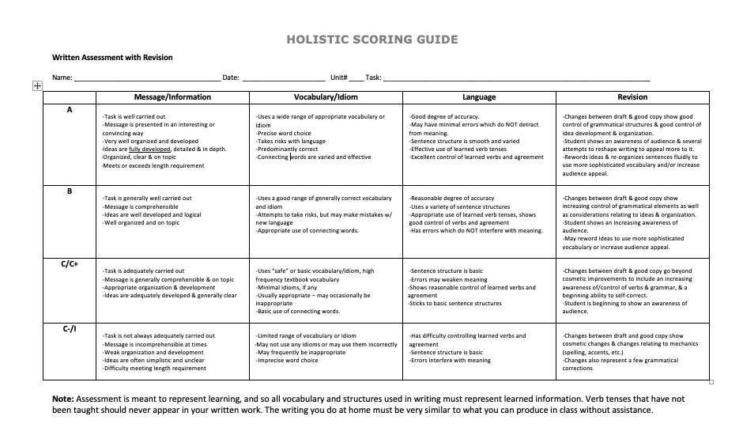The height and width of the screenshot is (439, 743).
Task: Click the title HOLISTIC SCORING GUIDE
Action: click(371, 40)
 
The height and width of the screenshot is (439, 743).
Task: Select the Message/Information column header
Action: click(172, 97)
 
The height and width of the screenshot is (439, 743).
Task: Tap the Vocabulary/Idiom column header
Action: click(326, 97)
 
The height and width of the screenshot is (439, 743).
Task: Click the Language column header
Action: click(479, 97)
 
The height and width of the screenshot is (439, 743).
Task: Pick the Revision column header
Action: click(632, 97)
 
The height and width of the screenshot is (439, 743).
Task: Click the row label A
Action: click(70, 110)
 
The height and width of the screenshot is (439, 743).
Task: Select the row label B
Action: click(70, 191)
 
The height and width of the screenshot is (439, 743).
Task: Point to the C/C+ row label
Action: click(70, 264)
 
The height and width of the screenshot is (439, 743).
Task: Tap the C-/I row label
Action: click(70, 329)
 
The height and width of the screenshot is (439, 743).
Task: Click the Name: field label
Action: click(62, 78)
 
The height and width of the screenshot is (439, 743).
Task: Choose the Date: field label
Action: click(231, 78)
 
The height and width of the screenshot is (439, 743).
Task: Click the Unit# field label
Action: click(339, 78)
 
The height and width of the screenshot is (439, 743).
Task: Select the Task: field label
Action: click(374, 78)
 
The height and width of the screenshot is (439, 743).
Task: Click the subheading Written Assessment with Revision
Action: click(112, 57)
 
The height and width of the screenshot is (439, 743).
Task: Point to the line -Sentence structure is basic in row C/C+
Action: click(447, 271)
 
